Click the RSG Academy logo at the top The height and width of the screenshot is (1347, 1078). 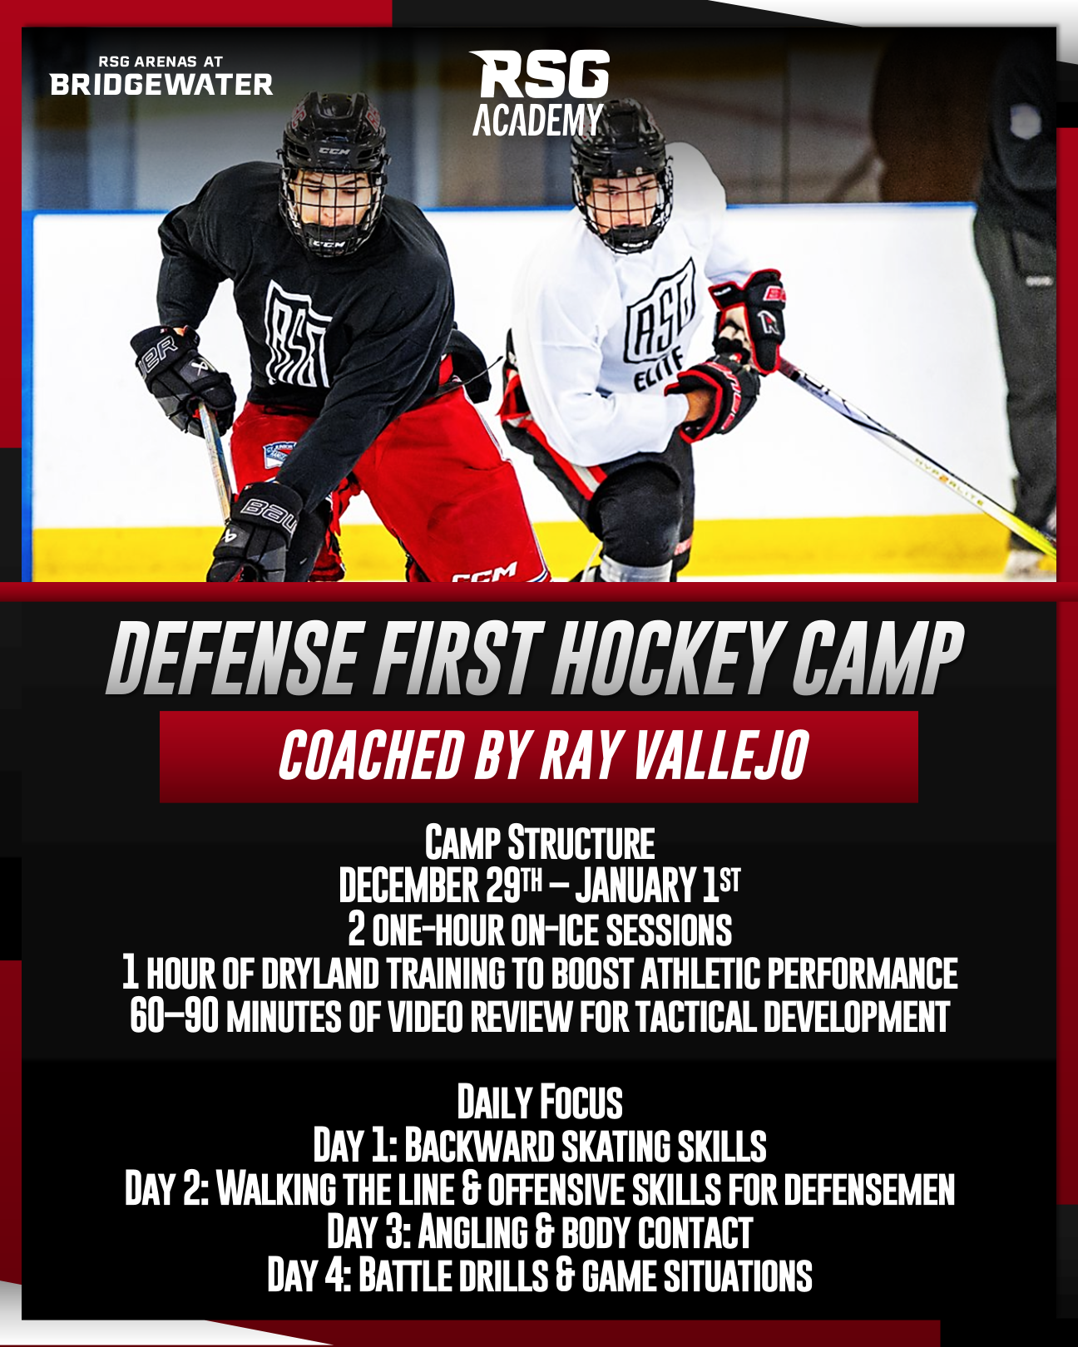[x=539, y=92]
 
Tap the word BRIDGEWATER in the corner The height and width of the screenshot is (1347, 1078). [x=161, y=85]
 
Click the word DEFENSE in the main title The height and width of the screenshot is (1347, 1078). [x=232, y=659]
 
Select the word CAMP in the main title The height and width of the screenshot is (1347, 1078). [x=878, y=659]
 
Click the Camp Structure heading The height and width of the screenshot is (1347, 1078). [x=540, y=843]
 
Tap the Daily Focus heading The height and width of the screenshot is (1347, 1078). [x=540, y=1102]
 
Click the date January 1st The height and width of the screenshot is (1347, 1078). [x=658, y=885]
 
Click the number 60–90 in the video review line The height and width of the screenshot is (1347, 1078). [x=174, y=1016]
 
